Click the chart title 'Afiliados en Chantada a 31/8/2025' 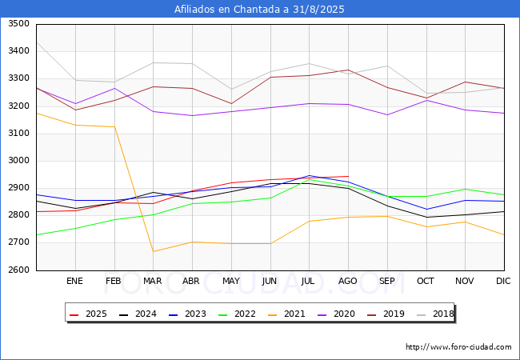260,10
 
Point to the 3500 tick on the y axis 18,24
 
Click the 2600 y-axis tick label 18,270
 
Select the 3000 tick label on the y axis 18,161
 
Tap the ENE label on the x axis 74,281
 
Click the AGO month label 348,281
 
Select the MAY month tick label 230,281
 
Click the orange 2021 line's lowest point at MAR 153,252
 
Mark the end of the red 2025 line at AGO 348,176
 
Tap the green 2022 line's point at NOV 465,189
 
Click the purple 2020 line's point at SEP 387,114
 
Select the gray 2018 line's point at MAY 230,90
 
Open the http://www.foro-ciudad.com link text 458,347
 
